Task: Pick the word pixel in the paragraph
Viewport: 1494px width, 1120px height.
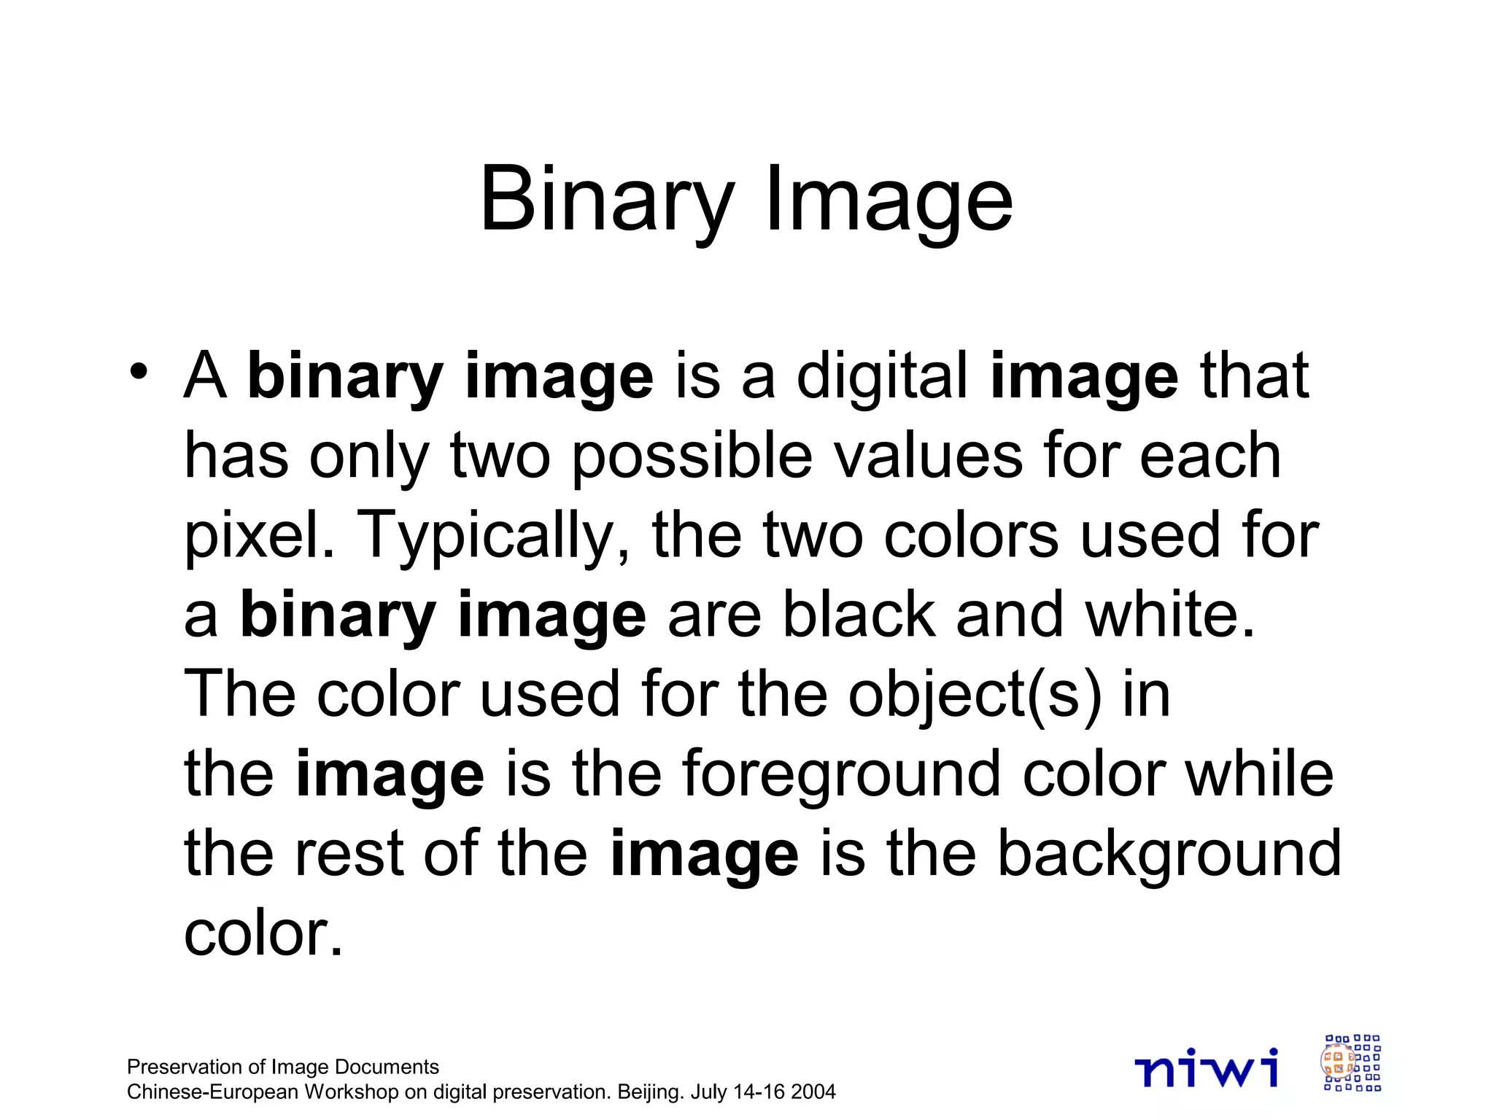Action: pyautogui.click(x=255, y=536)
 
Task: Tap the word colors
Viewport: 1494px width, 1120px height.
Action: pyautogui.click(x=970, y=536)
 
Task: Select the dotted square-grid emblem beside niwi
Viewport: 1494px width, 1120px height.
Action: pyautogui.click(x=1352, y=1063)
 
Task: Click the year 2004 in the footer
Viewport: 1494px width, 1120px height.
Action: pyautogui.click(x=813, y=1092)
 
